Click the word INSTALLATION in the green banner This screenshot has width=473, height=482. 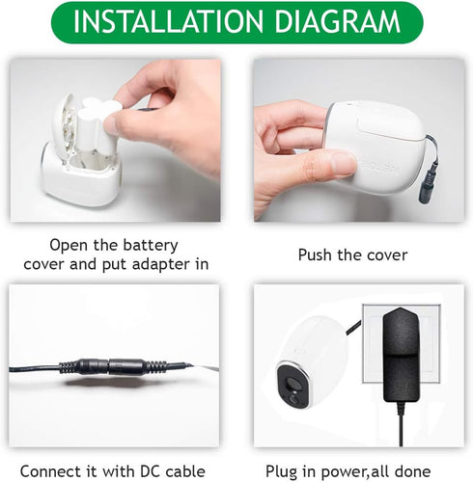coord(168,22)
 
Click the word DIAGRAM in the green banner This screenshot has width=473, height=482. coord(338,22)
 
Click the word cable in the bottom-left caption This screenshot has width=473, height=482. coord(185,471)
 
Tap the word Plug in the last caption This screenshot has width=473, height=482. coord(281,472)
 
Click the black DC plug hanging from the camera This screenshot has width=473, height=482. coord(428,182)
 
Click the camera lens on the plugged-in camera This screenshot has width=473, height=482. coord(292,383)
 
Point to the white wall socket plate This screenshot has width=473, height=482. coord(401,343)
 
